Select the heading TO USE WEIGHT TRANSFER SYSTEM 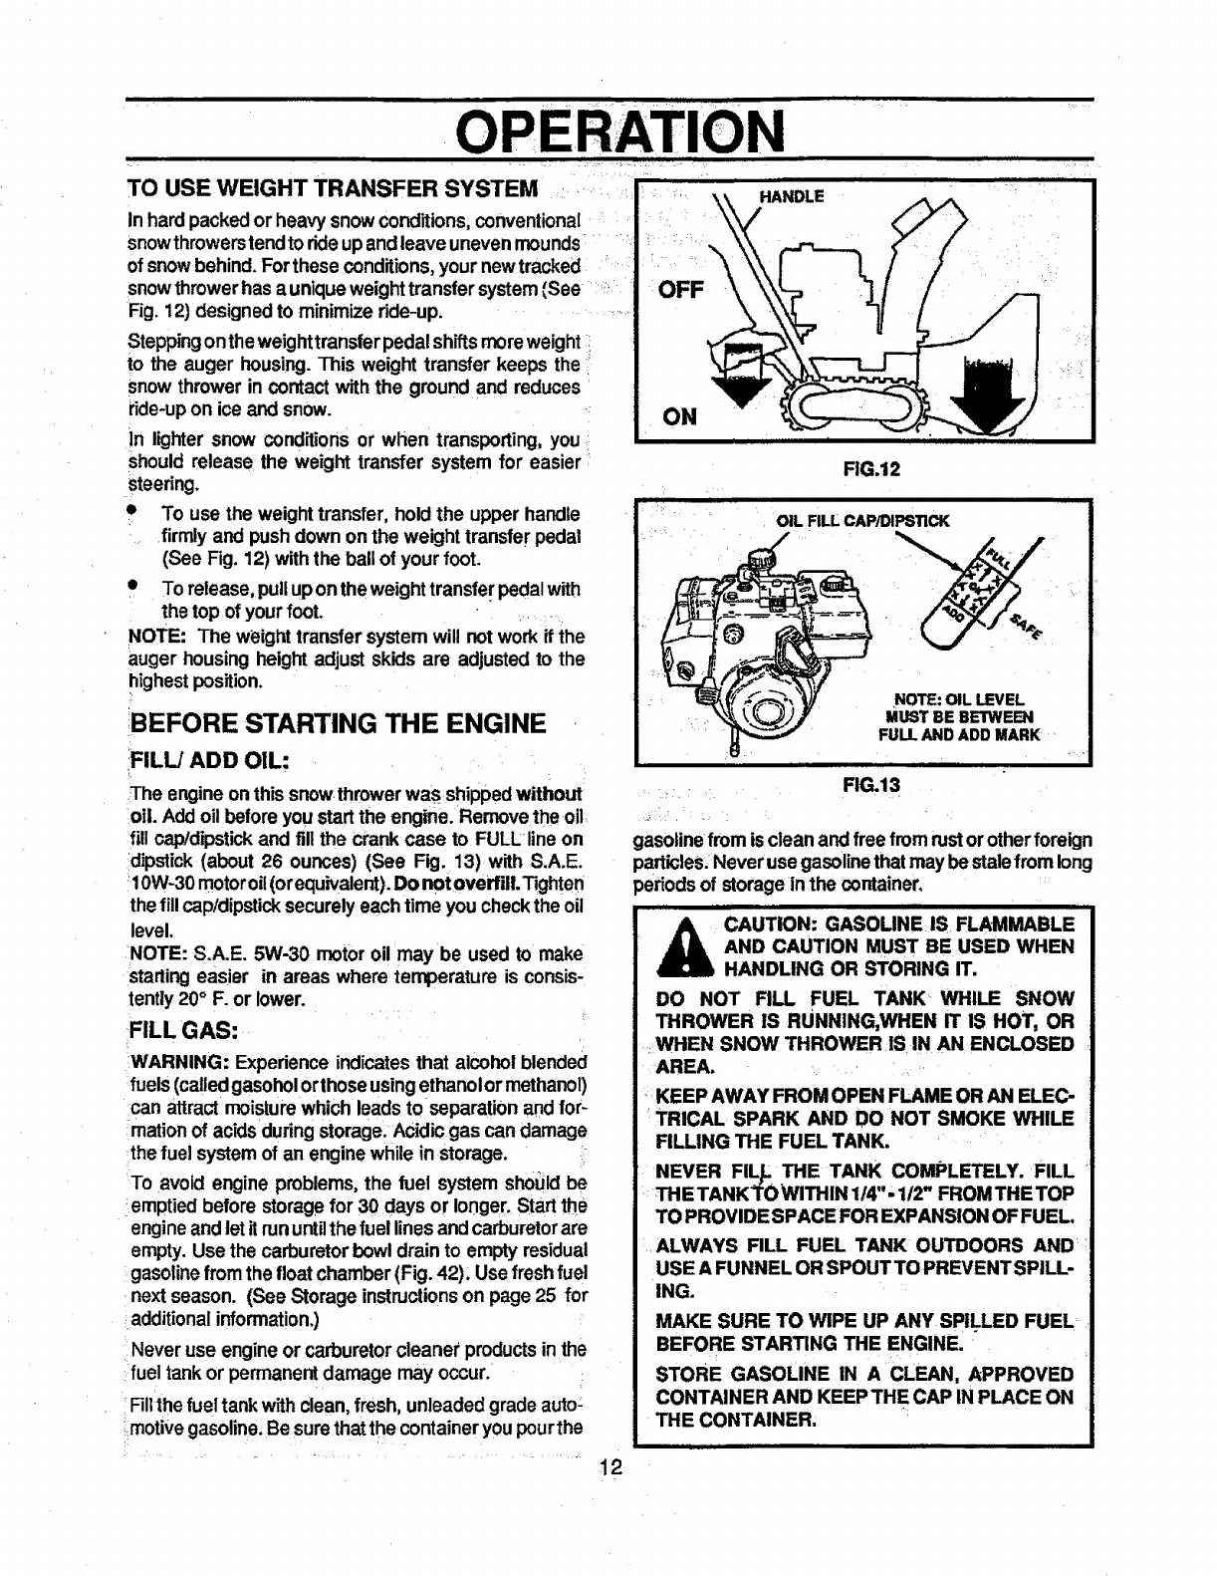[x=335, y=189]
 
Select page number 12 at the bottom [x=610, y=1465]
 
